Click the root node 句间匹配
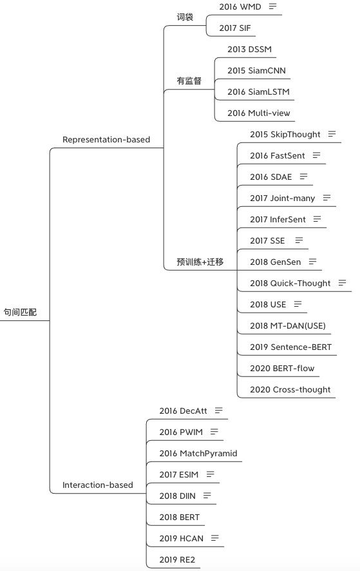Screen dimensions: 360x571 (x=20, y=312)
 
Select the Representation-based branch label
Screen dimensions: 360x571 (x=106, y=139)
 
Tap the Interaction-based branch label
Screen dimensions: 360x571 (x=97, y=485)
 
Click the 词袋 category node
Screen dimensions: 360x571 (x=185, y=17)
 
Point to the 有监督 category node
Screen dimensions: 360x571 (x=189, y=81)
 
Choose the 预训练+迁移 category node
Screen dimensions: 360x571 (x=200, y=262)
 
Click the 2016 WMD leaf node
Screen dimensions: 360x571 (x=240, y=6)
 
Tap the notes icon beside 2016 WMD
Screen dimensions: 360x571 (x=272, y=6)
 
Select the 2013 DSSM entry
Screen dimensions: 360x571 (x=249, y=49)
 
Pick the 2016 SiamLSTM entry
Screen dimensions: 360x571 (x=258, y=92)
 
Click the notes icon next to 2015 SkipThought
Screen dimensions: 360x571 (x=332, y=134)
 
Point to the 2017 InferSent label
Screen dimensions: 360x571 (x=278, y=220)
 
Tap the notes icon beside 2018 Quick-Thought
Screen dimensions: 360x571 (x=342, y=283)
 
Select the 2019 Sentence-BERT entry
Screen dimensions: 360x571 (x=291, y=347)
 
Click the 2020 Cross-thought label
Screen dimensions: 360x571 (x=290, y=390)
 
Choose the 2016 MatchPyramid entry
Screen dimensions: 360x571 (x=198, y=453)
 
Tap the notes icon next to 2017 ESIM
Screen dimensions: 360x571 (x=211, y=474)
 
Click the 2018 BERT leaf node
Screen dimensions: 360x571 (x=180, y=517)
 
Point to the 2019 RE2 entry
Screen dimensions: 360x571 (x=177, y=559)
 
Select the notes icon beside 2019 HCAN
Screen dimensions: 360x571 (x=214, y=538)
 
